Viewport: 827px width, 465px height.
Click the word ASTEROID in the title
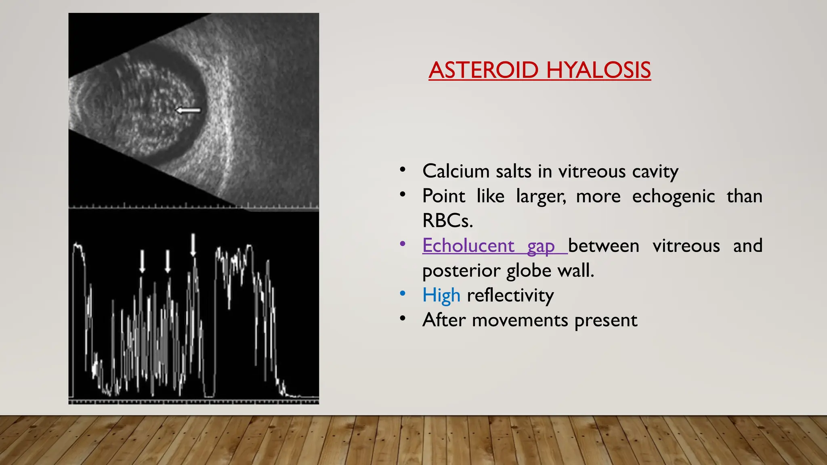pos(483,70)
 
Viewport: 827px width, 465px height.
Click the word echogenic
pos(673,196)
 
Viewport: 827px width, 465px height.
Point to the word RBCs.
pos(447,221)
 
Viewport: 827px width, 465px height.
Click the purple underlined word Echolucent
pos(468,245)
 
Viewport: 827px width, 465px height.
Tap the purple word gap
pos(541,246)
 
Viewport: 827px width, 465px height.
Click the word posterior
pos(461,270)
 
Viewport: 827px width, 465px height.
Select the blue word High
pos(441,295)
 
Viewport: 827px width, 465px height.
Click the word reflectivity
pos(510,295)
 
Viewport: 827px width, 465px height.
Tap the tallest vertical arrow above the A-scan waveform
pos(193,244)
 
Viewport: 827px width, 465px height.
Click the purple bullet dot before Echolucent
pos(402,244)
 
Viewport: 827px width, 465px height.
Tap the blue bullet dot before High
pos(402,293)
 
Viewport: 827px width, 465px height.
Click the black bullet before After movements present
pos(402,318)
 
